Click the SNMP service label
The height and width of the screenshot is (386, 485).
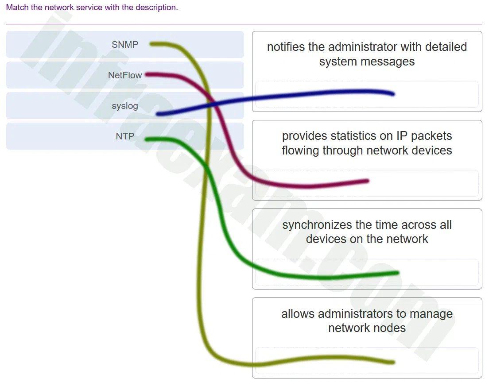tap(125, 45)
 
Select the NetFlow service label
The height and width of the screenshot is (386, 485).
tap(125, 75)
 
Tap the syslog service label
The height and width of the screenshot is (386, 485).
tap(125, 106)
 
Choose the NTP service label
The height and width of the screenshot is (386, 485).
tap(125, 136)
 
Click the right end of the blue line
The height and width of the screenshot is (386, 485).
tap(393, 94)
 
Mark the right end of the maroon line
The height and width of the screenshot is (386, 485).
tap(368, 181)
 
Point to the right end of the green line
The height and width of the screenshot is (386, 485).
tap(398, 273)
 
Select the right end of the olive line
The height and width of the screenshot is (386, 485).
tap(394, 362)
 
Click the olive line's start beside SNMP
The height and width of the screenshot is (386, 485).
tap(151, 44)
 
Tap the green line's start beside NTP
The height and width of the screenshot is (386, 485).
tap(147, 140)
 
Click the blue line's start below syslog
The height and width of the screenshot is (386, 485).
tap(158, 114)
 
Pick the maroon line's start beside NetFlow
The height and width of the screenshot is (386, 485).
tap(147, 74)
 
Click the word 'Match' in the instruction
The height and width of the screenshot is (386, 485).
tap(18, 8)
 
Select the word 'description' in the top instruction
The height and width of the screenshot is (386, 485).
tap(157, 8)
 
